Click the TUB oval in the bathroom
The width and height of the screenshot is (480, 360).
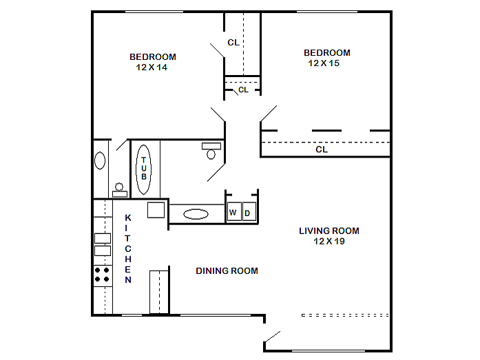click(143, 169)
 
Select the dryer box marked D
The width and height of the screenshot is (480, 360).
click(249, 211)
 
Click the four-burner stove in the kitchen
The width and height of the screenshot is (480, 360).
click(103, 275)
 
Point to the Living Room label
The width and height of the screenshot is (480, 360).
click(329, 231)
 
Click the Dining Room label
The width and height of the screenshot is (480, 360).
click(227, 271)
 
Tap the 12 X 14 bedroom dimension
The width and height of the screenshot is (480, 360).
click(152, 67)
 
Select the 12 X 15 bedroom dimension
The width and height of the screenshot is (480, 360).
click(324, 63)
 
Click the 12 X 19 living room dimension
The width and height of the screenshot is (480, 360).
click(329, 242)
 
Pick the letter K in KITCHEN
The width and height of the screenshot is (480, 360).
click(128, 218)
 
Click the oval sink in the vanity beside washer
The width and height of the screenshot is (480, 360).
click(196, 214)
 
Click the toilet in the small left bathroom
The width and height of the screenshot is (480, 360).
click(119, 190)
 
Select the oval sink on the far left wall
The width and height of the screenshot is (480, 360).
click(100, 160)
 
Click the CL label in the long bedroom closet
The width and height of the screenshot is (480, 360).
click(322, 149)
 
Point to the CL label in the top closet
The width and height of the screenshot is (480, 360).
click(233, 43)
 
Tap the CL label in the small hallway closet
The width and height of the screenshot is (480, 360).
click(243, 90)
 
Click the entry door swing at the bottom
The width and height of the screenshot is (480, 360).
click(272, 337)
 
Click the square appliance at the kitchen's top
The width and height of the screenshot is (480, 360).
click(156, 210)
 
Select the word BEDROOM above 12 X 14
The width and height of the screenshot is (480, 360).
click(153, 57)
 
